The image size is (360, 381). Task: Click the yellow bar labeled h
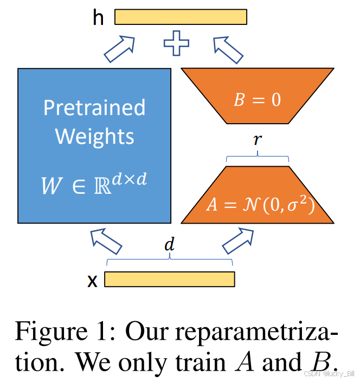pos(181,17)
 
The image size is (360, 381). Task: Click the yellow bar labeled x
pos(169,279)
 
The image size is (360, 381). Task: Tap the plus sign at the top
pos(177,43)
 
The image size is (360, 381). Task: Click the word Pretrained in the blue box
pos(94,107)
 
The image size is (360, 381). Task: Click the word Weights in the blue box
pos(94,136)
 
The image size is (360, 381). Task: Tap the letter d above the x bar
pos(170,245)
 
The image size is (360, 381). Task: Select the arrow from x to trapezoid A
pos(239,240)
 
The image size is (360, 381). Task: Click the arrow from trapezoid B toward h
pos(229,49)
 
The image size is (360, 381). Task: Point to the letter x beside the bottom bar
pos(93,280)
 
